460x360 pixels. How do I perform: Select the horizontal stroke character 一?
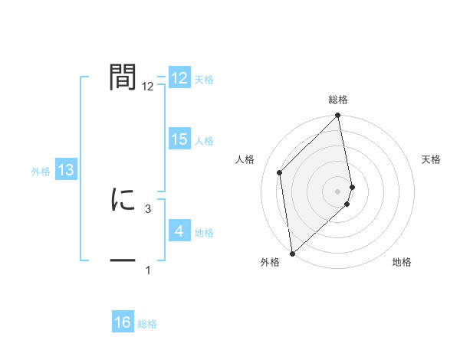(123, 261)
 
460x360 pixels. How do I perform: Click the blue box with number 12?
(179, 79)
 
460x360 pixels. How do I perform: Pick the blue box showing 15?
(179, 139)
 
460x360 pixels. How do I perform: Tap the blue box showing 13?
(66, 171)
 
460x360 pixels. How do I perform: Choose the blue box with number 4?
(179, 231)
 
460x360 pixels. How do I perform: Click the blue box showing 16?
(123, 322)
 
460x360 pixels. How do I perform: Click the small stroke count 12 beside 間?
(148, 87)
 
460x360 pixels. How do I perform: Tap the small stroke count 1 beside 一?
(148, 270)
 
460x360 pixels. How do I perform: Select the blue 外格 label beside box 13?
(41, 172)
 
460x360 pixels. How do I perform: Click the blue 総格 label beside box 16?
(147, 324)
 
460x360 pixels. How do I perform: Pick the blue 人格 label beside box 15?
(204, 141)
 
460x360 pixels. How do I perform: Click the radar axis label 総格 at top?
(338, 100)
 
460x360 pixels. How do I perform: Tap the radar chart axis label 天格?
(432, 159)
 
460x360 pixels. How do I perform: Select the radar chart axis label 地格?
(402, 262)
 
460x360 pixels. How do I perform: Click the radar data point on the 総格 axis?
(338, 116)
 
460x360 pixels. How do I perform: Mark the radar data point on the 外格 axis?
(292, 254)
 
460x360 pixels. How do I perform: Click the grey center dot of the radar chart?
(338, 191)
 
